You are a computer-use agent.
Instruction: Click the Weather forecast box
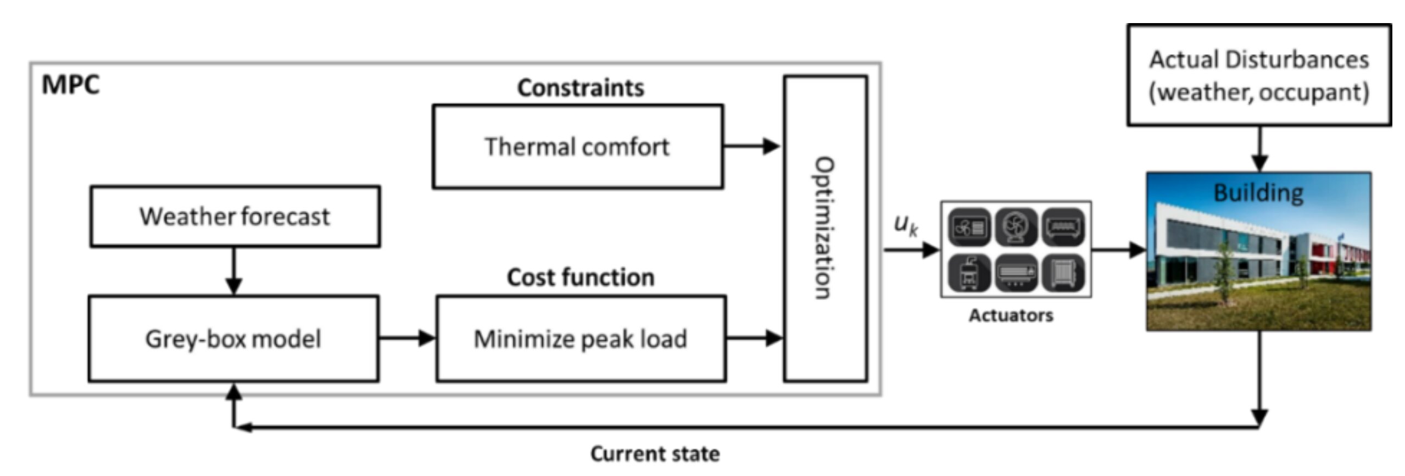(235, 217)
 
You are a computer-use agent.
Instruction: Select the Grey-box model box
(233, 339)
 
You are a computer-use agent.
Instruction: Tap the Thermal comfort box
(578, 147)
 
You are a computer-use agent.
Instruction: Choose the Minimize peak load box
(581, 339)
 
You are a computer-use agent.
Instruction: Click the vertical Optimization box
(826, 228)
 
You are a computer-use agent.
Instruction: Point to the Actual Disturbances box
(1259, 75)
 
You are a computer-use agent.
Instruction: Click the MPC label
(71, 85)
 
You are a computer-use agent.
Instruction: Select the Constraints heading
(581, 88)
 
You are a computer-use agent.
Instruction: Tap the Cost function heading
(581, 277)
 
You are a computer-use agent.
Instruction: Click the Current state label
(655, 454)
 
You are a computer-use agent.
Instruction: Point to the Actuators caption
(1011, 315)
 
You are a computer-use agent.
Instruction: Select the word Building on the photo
(1258, 193)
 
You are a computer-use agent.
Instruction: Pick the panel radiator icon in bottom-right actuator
(1063, 273)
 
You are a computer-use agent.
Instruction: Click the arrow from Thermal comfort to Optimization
(751, 146)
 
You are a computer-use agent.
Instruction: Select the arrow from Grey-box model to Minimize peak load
(407, 338)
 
